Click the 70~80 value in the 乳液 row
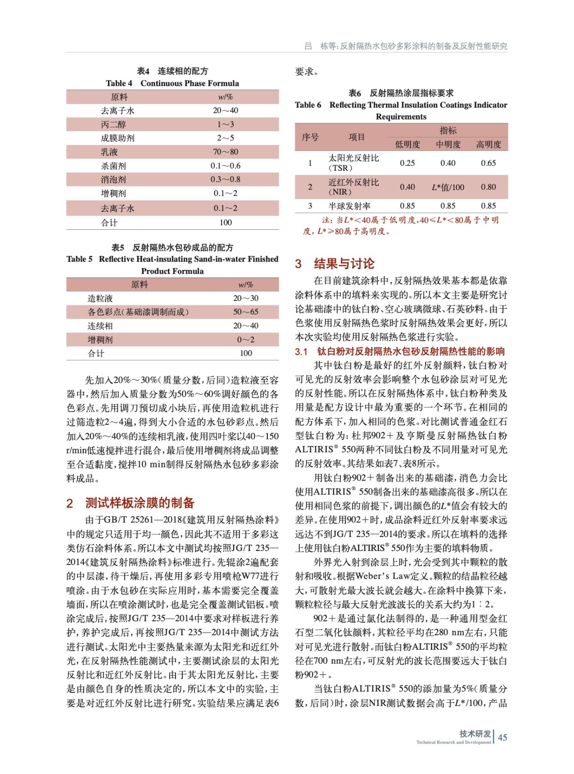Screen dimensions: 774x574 pyautogui.click(x=225, y=152)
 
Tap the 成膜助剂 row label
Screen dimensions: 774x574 pyautogui.click(x=118, y=138)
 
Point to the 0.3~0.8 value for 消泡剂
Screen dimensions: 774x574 pyautogui.click(x=225, y=179)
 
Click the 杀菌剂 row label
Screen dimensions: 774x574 pyautogui.click(x=113, y=166)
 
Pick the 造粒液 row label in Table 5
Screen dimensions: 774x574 pyautogui.click(x=100, y=298)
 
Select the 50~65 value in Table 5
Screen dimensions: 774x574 pyautogui.click(x=246, y=312)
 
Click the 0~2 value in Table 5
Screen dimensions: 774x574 pyautogui.click(x=246, y=340)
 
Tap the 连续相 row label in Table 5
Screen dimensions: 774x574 pyautogui.click(x=100, y=326)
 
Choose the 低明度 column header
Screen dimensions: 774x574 pyautogui.click(x=407, y=145)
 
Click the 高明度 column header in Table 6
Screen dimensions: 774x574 pyautogui.click(x=488, y=145)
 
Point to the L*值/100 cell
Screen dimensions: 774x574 pyautogui.click(x=448, y=187)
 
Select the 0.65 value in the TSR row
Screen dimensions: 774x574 pyautogui.click(x=488, y=163)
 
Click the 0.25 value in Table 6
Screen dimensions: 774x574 pyautogui.click(x=407, y=163)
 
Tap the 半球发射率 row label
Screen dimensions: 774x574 pyautogui.click(x=349, y=206)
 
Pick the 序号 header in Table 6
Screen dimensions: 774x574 pyautogui.click(x=310, y=137)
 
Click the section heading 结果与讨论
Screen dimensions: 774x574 pyautogui.click(x=344, y=264)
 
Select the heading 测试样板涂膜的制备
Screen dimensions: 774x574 pyautogui.click(x=140, y=503)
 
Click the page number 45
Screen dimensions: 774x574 pyautogui.click(x=502, y=738)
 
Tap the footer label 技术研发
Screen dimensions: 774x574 pyautogui.click(x=475, y=734)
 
